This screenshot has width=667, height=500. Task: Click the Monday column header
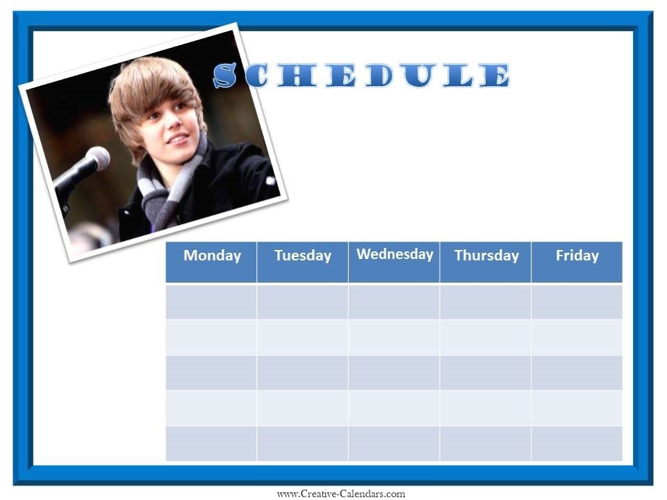(211, 262)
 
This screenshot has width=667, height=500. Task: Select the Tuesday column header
(302, 262)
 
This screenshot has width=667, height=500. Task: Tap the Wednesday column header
(394, 262)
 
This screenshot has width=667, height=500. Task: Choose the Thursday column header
(486, 262)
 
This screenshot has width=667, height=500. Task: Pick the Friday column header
(577, 262)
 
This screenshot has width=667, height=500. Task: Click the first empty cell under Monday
(211, 302)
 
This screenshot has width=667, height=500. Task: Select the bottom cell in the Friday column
(577, 444)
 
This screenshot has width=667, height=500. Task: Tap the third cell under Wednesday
(394, 372)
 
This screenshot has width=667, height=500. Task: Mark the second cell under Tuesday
(302, 337)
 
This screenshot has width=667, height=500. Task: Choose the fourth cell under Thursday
(486, 408)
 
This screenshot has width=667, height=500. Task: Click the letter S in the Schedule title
(225, 75)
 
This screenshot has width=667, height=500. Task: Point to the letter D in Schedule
(379, 76)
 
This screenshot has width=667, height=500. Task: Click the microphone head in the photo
(98, 158)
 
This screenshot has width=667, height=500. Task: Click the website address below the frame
(341, 494)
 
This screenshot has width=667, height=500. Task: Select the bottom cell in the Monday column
(211, 444)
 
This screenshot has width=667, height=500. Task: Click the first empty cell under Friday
(577, 302)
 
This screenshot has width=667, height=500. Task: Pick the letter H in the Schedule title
(297, 76)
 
